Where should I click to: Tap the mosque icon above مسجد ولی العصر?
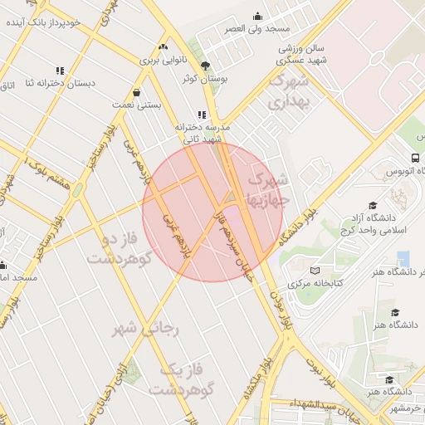click(258, 16)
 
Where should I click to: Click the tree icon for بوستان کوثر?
click(206, 66)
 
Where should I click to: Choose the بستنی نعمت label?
click(136, 106)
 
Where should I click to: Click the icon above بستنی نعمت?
click(135, 93)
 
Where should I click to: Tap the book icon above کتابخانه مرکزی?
click(314, 271)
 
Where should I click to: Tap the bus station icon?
click(414, 158)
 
